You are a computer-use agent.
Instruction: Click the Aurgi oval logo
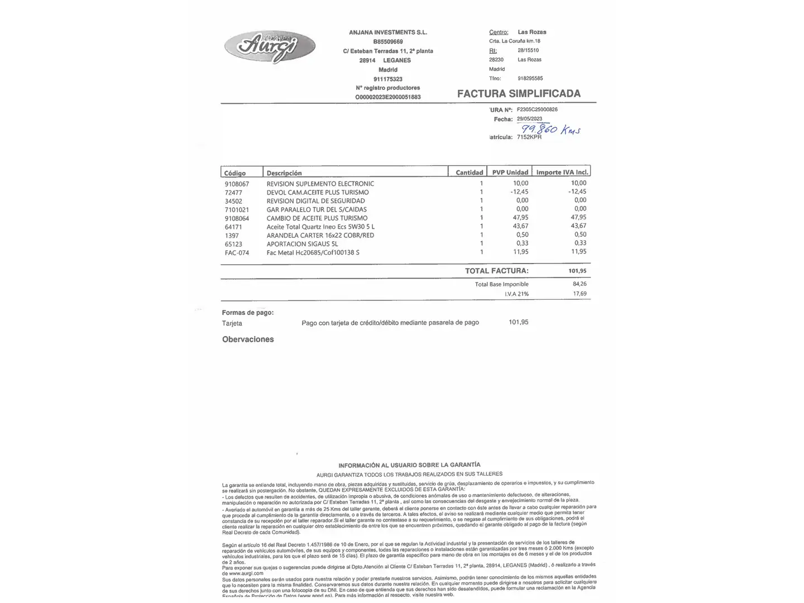pyautogui.click(x=270, y=46)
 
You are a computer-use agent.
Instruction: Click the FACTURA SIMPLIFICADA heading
pyautogui.click(x=519, y=94)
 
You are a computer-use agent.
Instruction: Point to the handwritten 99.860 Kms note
pyautogui.click(x=551, y=129)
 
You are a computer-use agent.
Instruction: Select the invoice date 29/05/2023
pyautogui.click(x=529, y=119)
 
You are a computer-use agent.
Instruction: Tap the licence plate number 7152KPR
pyautogui.click(x=529, y=137)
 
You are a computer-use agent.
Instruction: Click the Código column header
pyautogui.click(x=235, y=173)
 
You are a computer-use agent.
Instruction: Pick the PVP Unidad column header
pyautogui.click(x=510, y=173)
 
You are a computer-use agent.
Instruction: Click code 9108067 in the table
pyautogui.click(x=237, y=184)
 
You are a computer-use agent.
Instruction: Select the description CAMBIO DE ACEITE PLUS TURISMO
pyautogui.click(x=317, y=218)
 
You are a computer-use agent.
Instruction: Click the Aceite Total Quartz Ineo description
pyautogui.click(x=320, y=227)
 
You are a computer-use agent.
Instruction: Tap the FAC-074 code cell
pyautogui.click(x=237, y=253)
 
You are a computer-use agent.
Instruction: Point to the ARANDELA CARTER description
pyautogui.click(x=320, y=236)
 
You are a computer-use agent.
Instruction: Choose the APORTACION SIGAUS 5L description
pyautogui.click(x=302, y=244)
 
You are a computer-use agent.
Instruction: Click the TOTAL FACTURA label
pyautogui.click(x=496, y=271)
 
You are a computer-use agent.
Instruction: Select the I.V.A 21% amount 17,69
pyautogui.click(x=580, y=294)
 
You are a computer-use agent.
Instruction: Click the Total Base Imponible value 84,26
pyautogui.click(x=580, y=284)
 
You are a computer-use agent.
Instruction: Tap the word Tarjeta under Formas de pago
pyautogui.click(x=232, y=323)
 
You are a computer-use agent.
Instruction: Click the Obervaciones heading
pyautogui.click(x=248, y=339)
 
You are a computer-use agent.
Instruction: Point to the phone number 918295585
pyautogui.click(x=530, y=79)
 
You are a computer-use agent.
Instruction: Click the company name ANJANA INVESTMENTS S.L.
pyautogui.click(x=388, y=32)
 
